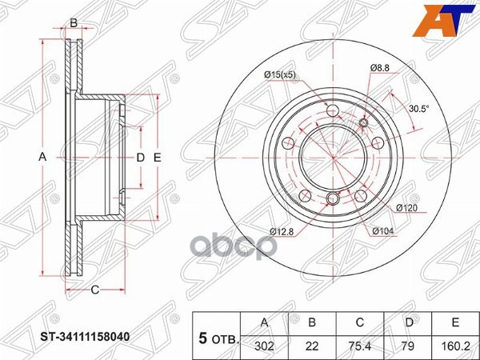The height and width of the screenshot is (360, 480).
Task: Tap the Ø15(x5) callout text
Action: point(280,75)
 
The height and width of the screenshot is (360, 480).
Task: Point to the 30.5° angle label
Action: point(418,108)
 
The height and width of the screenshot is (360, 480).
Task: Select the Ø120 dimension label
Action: point(407,208)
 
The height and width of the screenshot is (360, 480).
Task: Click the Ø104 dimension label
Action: point(383,232)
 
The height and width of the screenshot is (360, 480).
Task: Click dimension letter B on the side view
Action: point(74,23)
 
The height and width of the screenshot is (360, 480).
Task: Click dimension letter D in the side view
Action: point(140,158)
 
